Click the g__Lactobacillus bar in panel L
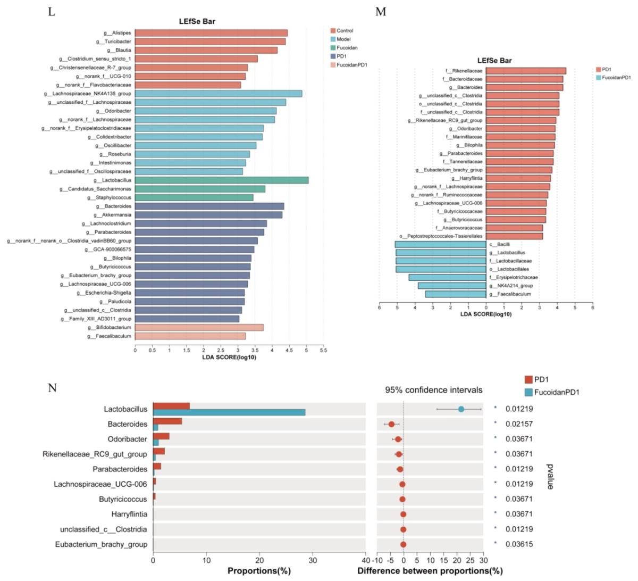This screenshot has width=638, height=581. click(221, 180)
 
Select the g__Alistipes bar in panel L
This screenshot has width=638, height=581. click(211, 33)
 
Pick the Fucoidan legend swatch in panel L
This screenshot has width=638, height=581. click(333, 48)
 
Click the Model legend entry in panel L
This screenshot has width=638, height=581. click(343, 39)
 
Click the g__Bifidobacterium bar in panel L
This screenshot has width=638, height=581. click(199, 327)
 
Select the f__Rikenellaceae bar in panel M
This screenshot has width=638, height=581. click(526, 71)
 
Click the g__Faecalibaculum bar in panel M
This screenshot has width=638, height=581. click(456, 294)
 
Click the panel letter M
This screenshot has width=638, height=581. click(381, 11)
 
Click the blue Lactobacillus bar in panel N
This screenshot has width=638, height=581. click(229, 412)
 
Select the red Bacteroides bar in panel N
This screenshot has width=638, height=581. click(167, 421)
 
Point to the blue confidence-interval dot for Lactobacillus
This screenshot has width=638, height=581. click(461, 409)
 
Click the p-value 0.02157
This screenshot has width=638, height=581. click(518, 424)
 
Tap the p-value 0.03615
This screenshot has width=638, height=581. click(518, 544)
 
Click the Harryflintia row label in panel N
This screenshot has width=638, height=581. click(129, 514)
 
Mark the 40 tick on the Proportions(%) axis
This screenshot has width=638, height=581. click(366, 560)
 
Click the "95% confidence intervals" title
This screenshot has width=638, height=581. click(434, 390)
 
